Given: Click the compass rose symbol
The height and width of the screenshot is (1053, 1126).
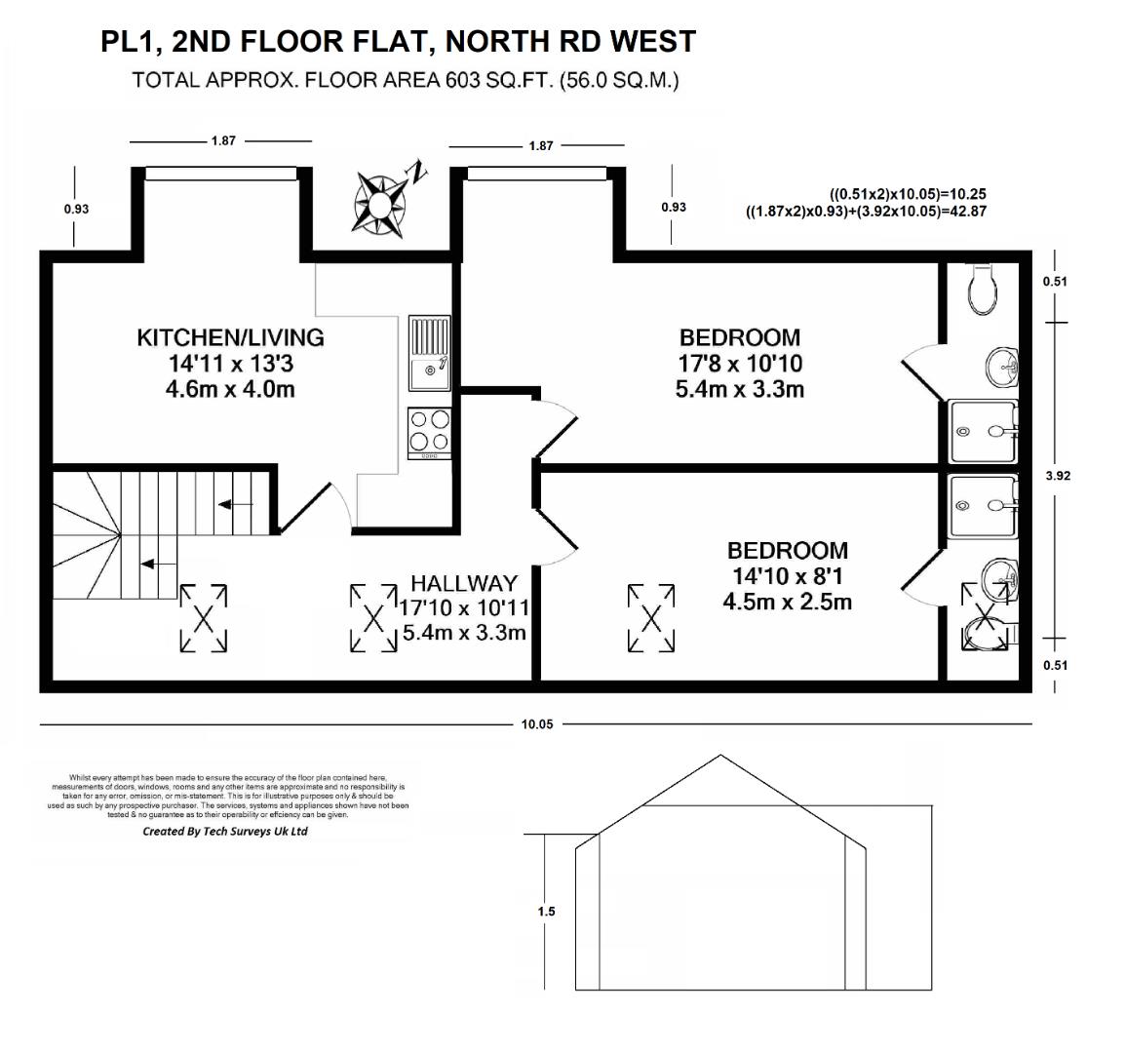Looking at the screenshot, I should point(379,202).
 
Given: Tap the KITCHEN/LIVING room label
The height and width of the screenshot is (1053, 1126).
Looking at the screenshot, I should point(230,338).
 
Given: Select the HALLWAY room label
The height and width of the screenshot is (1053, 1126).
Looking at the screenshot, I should point(463,583).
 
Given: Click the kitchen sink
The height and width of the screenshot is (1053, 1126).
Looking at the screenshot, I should point(429,354).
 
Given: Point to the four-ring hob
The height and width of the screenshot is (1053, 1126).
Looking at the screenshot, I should point(429,432).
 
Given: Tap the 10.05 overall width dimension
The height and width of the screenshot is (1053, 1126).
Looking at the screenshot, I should point(537,724).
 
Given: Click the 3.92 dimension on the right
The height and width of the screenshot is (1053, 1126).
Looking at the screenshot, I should point(1058,477).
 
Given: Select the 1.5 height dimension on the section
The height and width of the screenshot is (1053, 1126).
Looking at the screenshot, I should point(546,912).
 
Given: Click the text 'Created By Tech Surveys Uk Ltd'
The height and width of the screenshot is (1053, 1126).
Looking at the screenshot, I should point(225,832).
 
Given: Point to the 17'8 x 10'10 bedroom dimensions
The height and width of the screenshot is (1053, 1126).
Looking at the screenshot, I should point(740,364).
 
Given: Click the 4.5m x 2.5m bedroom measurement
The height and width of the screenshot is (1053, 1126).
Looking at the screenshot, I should point(787,602).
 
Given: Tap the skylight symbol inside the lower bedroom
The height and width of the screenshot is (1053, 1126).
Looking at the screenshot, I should point(651,617).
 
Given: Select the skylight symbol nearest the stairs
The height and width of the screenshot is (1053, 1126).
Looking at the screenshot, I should point(204,617).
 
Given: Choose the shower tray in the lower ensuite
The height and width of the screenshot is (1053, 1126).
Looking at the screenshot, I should point(984,506).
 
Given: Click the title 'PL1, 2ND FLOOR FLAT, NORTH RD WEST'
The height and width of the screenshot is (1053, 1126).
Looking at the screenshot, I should point(399,41).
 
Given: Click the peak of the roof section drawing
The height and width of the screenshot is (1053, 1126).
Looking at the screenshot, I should point(720,756).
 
